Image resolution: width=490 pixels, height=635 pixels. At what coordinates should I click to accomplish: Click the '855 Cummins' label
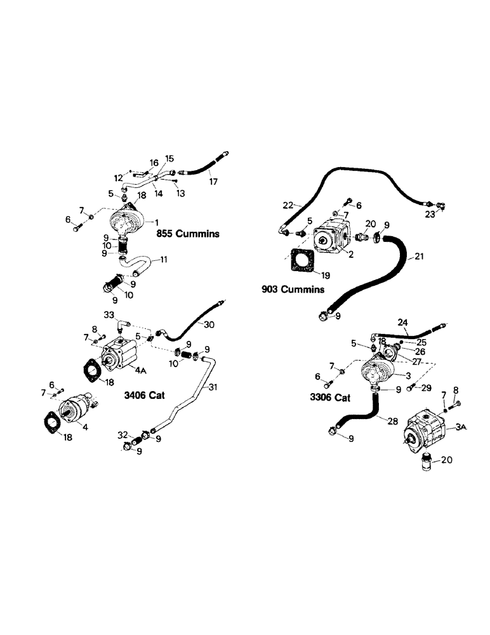pyautogui.click(x=188, y=234)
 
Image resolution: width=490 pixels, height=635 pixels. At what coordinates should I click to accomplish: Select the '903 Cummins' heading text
pyautogui.click(x=293, y=290)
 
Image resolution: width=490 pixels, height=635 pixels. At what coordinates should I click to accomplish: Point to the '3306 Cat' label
pyautogui.click(x=326, y=398)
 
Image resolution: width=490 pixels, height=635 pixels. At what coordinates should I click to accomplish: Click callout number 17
pyautogui.click(x=214, y=182)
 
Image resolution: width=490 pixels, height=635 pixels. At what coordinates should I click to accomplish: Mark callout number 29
pyautogui.click(x=426, y=386)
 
